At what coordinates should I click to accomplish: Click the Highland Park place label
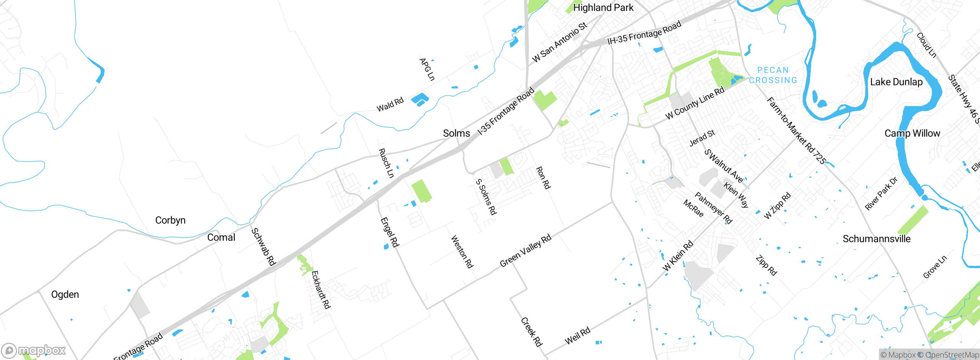[603, 8]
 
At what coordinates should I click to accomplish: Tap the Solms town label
[456, 133]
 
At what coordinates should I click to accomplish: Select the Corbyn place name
[170, 220]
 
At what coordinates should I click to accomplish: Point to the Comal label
[221, 237]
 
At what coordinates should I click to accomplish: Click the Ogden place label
[65, 295]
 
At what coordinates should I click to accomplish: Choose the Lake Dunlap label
[896, 82]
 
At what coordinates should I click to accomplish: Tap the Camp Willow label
[912, 133]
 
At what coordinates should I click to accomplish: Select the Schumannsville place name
[877, 239]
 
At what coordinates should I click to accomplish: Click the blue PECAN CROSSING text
[773, 75]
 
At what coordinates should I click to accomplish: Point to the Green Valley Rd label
[526, 250]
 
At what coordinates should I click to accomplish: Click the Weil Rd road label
[578, 336]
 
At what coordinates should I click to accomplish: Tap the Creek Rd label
[532, 332]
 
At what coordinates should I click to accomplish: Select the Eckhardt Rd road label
[321, 290]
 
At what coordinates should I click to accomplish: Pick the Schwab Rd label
[263, 247]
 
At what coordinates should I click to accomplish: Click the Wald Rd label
[390, 105]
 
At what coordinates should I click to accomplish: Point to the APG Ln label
[427, 69]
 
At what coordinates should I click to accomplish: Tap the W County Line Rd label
[695, 103]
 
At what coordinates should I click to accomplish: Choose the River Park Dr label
[881, 194]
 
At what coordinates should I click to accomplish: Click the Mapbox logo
[33, 350]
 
